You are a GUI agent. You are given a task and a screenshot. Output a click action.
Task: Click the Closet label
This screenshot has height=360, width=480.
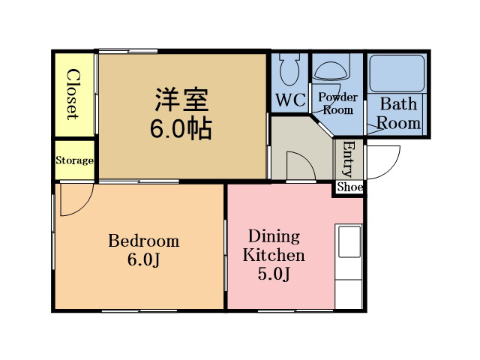(73, 94)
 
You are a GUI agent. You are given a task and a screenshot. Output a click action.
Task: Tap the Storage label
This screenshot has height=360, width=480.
(74, 160)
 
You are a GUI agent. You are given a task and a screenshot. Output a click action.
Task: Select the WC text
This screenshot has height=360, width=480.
(291, 100)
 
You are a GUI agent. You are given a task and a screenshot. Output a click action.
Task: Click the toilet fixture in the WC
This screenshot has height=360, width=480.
(289, 70)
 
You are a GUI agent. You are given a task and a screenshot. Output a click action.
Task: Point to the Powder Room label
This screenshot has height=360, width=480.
(338, 103)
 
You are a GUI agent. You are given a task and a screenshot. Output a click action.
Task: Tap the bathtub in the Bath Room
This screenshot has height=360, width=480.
(397, 73)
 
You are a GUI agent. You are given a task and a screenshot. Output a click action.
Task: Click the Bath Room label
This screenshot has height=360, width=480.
(398, 113)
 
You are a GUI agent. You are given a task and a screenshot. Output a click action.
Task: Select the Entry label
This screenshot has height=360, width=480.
(349, 158)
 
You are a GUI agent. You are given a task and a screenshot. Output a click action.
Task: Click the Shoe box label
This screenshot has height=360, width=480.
(350, 187)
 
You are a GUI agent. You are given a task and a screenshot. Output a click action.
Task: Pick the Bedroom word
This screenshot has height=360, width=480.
(144, 241)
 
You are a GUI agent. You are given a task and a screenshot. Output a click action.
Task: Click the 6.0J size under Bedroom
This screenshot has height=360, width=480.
(144, 260)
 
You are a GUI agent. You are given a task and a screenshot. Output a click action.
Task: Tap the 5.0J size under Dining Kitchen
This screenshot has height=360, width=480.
(274, 274)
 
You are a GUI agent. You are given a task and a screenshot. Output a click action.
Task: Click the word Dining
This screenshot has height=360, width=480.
(274, 237)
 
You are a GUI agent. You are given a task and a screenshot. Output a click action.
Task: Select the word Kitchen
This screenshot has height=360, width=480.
(274, 255)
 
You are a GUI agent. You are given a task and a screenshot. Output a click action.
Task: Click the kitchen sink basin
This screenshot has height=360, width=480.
(349, 241)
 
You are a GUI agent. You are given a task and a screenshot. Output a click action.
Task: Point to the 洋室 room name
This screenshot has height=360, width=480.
(181, 100)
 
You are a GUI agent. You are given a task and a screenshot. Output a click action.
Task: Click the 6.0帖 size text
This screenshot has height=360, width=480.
(181, 128)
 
